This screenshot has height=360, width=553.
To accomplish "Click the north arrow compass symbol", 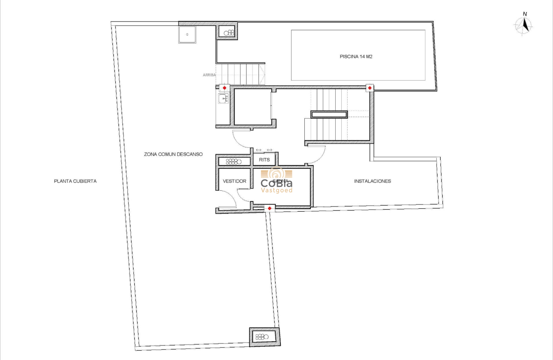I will click(x=523, y=25).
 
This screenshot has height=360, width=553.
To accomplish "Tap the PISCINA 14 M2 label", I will click(x=355, y=56).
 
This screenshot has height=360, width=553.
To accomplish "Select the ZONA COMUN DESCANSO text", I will click(x=173, y=154).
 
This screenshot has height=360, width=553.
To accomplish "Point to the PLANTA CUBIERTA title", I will click(x=75, y=181).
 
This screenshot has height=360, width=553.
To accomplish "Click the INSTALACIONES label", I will click(x=372, y=181).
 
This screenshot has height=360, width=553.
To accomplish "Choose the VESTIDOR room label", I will click(x=234, y=181).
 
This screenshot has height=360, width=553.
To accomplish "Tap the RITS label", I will click(x=264, y=160).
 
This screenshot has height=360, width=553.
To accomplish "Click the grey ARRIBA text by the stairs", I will click(x=209, y=75).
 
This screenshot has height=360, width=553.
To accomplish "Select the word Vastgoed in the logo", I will click(x=277, y=190).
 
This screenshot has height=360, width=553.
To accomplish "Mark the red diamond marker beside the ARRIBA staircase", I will click(x=224, y=88).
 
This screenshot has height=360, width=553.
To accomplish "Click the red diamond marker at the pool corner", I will click(x=370, y=88).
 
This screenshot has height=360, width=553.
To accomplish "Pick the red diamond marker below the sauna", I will click(x=269, y=208).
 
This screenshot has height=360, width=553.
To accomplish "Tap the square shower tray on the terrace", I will click(x=187, y=34).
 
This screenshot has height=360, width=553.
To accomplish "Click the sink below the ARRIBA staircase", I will click(x=223, y=99).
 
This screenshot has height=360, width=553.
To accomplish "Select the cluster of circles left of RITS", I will click(x=234, y=161).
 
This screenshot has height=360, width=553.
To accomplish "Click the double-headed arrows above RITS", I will click(x=264, y=150).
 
